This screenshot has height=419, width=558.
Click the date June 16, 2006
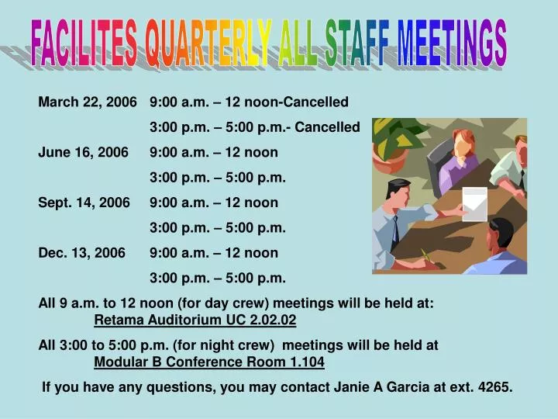(83, 153)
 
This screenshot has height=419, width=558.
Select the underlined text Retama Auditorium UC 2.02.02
(195, 320)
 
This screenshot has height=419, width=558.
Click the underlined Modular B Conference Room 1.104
(209, 362)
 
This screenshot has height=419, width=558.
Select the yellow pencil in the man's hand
(425, 255)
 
